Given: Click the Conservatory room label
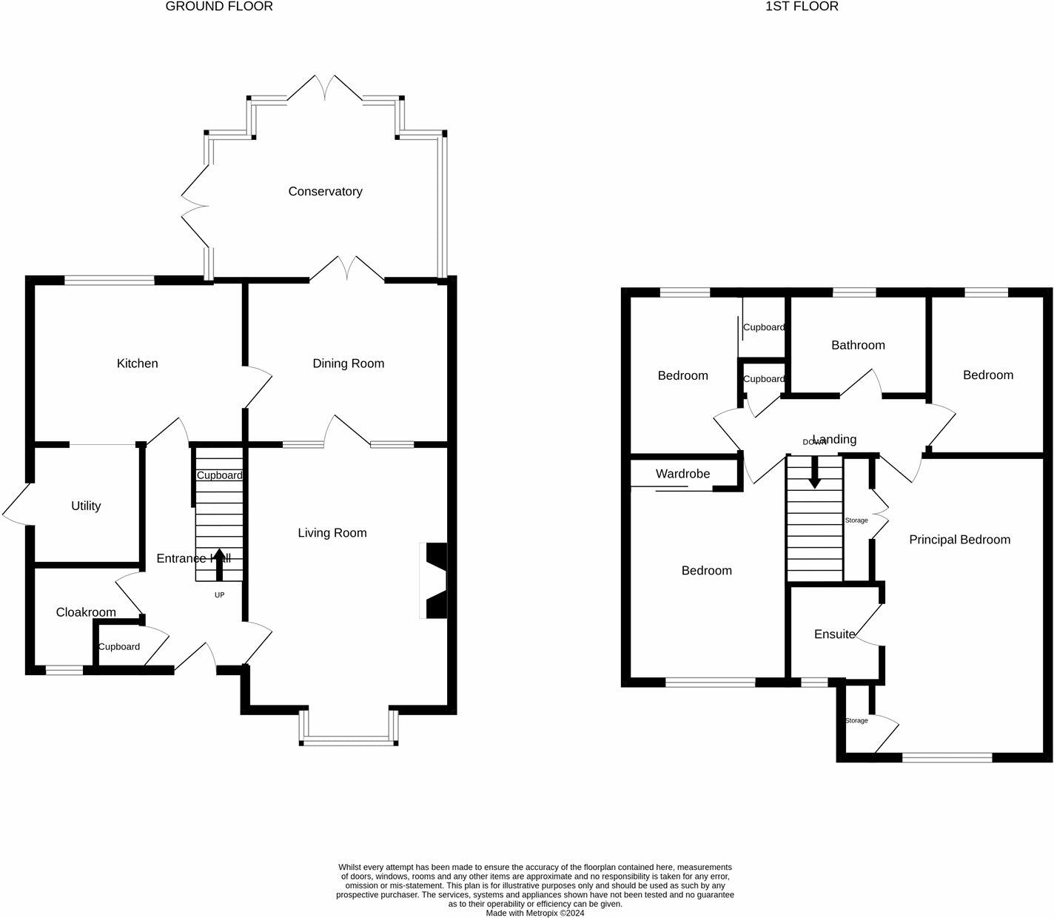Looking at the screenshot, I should [x=325, y=192].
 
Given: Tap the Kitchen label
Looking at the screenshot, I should [x=138, y=363].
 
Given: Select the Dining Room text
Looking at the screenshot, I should [x=348, y=363].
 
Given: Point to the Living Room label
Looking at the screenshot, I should [x=332, y=533].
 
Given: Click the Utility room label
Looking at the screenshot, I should [x=86, y=506].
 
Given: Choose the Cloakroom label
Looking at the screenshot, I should [x=86, y=612].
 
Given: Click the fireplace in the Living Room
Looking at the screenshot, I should [x=434, y=581].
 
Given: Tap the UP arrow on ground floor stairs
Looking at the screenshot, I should [x=219, y=564].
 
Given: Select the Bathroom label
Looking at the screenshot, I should [x=858, y=345].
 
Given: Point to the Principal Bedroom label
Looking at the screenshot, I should [x=959, y=540].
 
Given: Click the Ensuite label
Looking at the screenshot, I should [x=834, y=634].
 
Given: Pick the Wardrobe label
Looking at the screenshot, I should [x=682, y=474].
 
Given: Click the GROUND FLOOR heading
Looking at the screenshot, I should [x=219, y=7].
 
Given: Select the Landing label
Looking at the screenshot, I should [x=834, y=439].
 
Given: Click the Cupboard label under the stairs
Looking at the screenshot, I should [x=219, y=475].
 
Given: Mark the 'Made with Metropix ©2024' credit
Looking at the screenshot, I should [x=535, y=913].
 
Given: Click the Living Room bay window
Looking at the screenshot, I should [x=348, y=738].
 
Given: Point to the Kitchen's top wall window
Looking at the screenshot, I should [x=110, y=280].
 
